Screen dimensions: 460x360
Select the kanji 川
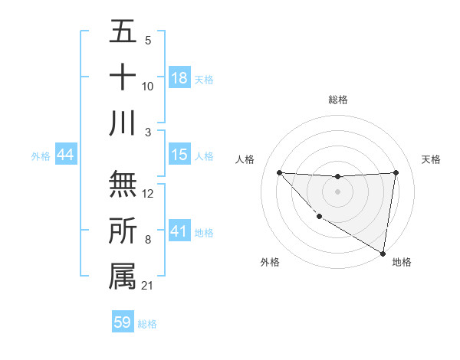point(123,123)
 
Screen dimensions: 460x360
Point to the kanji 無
point(123,184)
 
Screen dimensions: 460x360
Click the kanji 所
point(123,231)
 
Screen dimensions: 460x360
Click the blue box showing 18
point(179,77)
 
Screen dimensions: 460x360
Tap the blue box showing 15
point(179,155)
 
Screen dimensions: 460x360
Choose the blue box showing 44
point(66,155)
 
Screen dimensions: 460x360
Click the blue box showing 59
point(123,322)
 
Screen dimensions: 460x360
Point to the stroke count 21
point(147,286)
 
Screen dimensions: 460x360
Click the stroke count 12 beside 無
point(149,194)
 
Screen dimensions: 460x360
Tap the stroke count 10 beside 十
point(148,87)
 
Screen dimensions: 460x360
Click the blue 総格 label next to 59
point(148,324)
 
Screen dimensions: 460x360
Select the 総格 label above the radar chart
point(337,100)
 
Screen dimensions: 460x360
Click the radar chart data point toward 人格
point(279,172)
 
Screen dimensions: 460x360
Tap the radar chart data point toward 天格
point(396,172)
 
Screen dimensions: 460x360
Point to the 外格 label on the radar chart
point(270,262)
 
